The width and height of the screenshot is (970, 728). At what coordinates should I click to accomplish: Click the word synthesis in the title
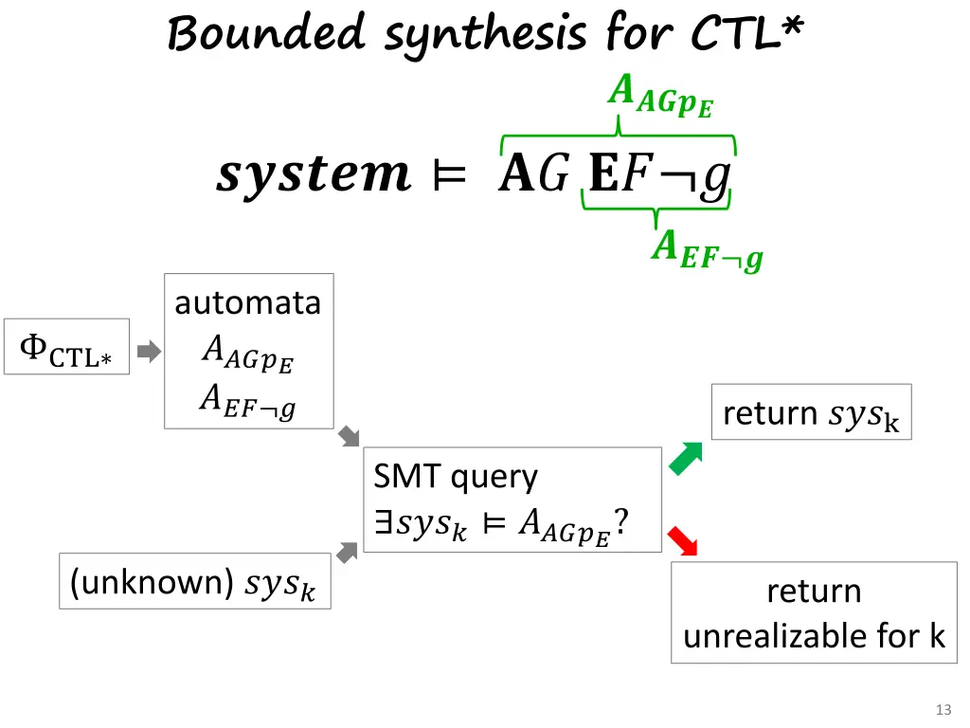pos(485,36)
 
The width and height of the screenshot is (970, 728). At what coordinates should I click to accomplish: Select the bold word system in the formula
pos(313,174)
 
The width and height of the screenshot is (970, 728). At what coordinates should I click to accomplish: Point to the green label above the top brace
pos(660,96)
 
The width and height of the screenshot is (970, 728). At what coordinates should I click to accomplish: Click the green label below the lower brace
pos(707,251)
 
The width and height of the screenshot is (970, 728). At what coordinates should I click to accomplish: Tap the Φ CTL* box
pos(66,347)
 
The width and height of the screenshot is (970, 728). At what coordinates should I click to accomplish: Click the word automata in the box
pos(248,303)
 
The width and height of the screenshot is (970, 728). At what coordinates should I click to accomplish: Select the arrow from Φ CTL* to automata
pos(149,353)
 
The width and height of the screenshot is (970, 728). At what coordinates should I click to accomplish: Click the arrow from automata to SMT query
pos(350,437)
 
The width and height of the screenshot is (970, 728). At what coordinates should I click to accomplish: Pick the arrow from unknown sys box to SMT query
pos(348,552)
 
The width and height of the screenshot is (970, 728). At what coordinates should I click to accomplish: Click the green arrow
pos(686,458)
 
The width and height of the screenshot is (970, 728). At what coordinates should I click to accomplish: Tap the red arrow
pos(682,540)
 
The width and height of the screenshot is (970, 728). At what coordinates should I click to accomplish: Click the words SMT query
pos(456,476)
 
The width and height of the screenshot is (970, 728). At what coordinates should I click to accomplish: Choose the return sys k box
pos(811,412)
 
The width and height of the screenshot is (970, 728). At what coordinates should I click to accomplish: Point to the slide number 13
pos(943,710)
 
